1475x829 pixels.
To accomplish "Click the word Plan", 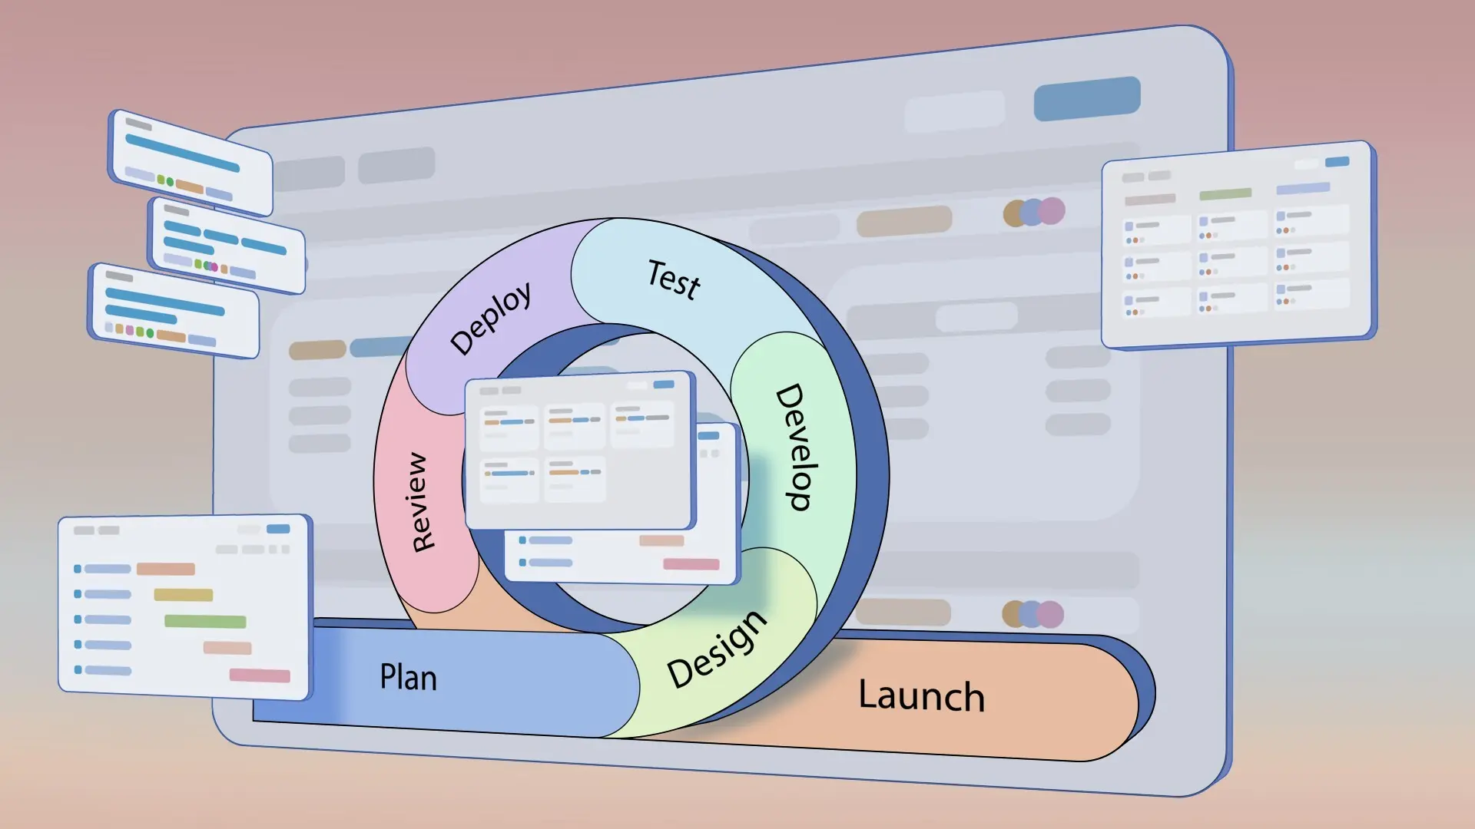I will [408, 677].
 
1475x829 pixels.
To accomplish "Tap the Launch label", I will [921, 695].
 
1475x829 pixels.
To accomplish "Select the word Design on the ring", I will [717, 649].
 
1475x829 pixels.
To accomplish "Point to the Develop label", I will [796, 447].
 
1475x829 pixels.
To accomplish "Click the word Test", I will [674, 279].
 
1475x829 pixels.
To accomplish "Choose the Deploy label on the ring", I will [491, 318].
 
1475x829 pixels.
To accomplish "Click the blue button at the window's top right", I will [1086, 98].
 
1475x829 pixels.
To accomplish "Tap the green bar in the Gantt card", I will [205, 621].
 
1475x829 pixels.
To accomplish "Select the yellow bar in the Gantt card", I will [183, 595].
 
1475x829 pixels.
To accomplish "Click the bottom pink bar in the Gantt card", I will [260, 675].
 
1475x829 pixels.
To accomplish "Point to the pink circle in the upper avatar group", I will [1052, 210].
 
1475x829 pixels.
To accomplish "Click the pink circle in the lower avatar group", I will [1051, 614].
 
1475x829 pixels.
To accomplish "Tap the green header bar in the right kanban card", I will [1225, 194].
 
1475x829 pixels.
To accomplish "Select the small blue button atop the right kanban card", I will [1337, 162].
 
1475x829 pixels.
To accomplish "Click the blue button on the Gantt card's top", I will [278, 529].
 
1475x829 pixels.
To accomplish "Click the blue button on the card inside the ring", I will [664, 384].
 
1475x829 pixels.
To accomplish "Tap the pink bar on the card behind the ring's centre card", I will [691, 564].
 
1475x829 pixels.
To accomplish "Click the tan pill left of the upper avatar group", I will [904, 222].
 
